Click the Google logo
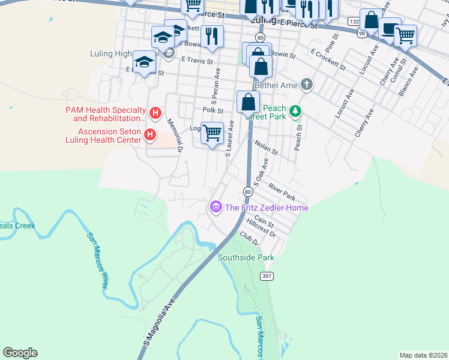20,353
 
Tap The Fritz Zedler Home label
267,208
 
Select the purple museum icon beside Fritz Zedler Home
215,208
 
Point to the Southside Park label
246,257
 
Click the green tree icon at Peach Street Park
295,111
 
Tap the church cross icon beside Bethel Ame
307,84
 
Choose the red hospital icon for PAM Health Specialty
155,112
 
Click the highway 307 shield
267,275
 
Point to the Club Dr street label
248,239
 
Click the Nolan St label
266,147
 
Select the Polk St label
212,110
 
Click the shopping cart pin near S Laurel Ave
212,133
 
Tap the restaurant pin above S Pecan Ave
211,36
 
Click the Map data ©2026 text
423,355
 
